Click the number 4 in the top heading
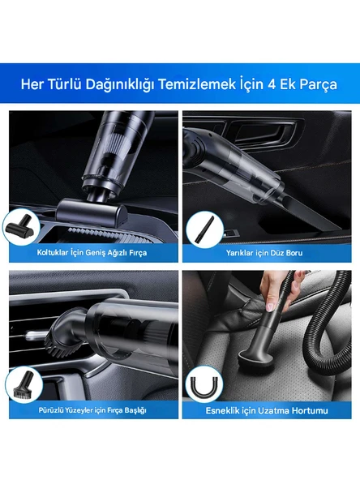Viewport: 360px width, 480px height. (285, 84)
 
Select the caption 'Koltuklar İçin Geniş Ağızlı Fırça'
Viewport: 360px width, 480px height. (92, 252)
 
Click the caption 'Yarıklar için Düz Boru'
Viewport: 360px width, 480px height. (265, 252)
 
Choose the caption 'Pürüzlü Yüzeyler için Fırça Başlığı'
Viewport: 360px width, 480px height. (92, 410)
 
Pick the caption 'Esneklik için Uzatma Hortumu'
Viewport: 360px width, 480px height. (265, 411)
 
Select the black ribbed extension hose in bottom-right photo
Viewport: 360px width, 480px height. (328, 324)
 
